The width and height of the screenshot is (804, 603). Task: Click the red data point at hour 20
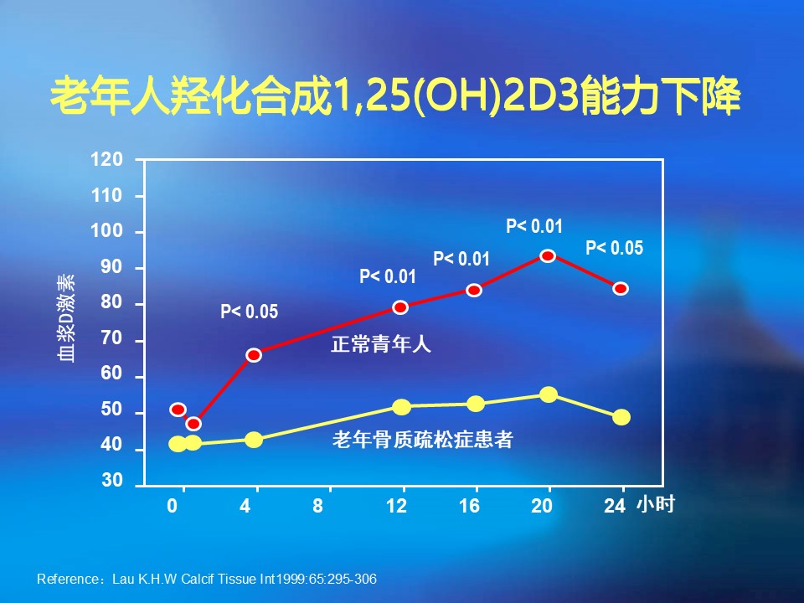[x=548, y=255]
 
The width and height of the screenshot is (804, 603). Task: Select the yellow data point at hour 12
[x=401, y=407]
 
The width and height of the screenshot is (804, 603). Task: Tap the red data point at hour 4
[x=254, y=355]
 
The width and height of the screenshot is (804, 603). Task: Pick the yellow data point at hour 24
[x=621, y=417]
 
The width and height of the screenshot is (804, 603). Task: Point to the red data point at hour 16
[x=474, y=290]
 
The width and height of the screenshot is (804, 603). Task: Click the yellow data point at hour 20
[x=549, y=394]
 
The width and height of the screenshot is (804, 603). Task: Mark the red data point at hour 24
[x=621, y=288]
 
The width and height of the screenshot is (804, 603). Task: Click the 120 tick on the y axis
[x=112, y=159]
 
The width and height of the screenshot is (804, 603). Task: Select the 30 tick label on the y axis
[x=112, y=482]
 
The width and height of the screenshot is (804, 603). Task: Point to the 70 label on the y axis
[x=112, y=339]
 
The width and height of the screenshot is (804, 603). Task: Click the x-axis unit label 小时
[x=655, y=504]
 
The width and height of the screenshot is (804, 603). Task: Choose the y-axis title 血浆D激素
[x=67, y=318]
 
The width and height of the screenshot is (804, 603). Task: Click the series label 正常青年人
[x=381, y=343]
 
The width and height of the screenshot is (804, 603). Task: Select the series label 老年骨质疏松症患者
[x=422, y=439]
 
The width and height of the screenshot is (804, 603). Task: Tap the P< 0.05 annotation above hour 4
[x=249, y=312]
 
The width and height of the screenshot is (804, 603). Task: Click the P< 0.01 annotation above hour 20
[x=534, y=225]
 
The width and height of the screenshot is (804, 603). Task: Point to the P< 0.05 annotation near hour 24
[x=614, y=248]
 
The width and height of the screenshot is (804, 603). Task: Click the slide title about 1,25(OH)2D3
[x=395, y=98]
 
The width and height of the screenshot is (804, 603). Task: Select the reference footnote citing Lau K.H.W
[x=213, y=579]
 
